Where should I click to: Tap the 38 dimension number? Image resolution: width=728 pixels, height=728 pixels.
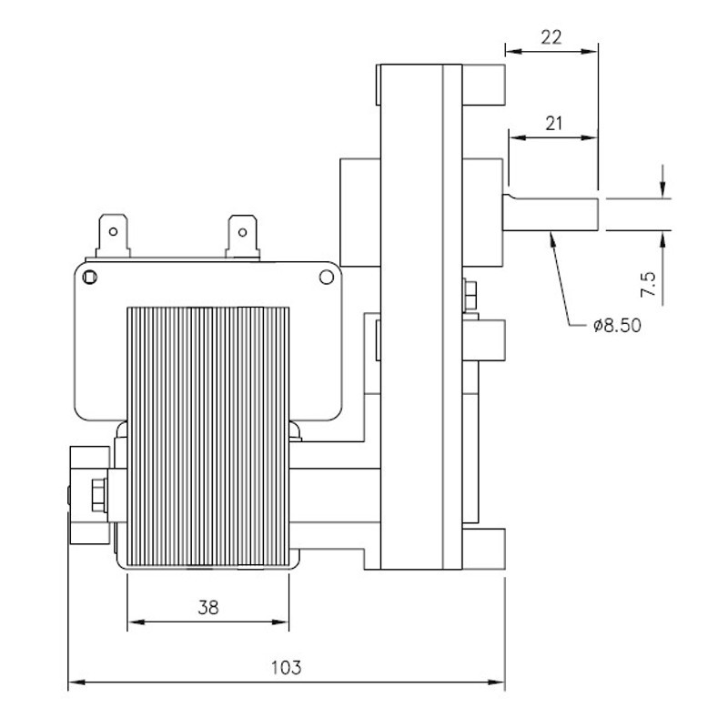tap(208, 608)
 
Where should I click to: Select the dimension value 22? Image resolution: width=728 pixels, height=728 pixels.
tap(550, 37)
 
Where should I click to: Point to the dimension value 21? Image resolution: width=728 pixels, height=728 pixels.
tap(550, 125)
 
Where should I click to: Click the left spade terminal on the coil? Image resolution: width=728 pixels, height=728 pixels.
tap(111, 233)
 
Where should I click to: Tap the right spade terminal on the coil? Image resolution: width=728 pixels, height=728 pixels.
tap(241, 233)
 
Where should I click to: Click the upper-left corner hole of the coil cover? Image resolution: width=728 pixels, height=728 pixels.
tap(88, 275)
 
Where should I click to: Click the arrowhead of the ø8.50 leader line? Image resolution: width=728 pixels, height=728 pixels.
tap(551, 238)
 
